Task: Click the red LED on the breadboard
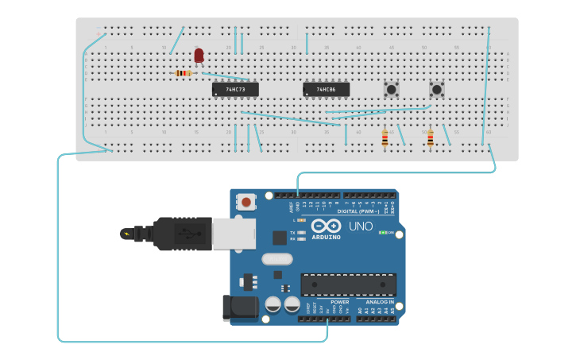coord(199,55)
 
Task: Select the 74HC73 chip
coord(235,90)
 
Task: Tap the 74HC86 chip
coord(326,90)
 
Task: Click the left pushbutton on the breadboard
coord(391,89)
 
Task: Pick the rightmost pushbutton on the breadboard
coord(436,89)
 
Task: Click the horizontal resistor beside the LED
coord(183,73)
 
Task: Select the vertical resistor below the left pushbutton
coord(385,138)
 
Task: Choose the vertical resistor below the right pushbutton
coord(431,139)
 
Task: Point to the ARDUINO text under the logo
coord(326,237)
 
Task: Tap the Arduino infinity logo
coord(326,226)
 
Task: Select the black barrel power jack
coord(241,308)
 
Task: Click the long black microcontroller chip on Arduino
coord(348,285)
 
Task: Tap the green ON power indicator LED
coord(382,232)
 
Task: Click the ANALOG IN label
coord(379,302)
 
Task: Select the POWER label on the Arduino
coord(339,302)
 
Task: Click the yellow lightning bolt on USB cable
coord(125,234)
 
